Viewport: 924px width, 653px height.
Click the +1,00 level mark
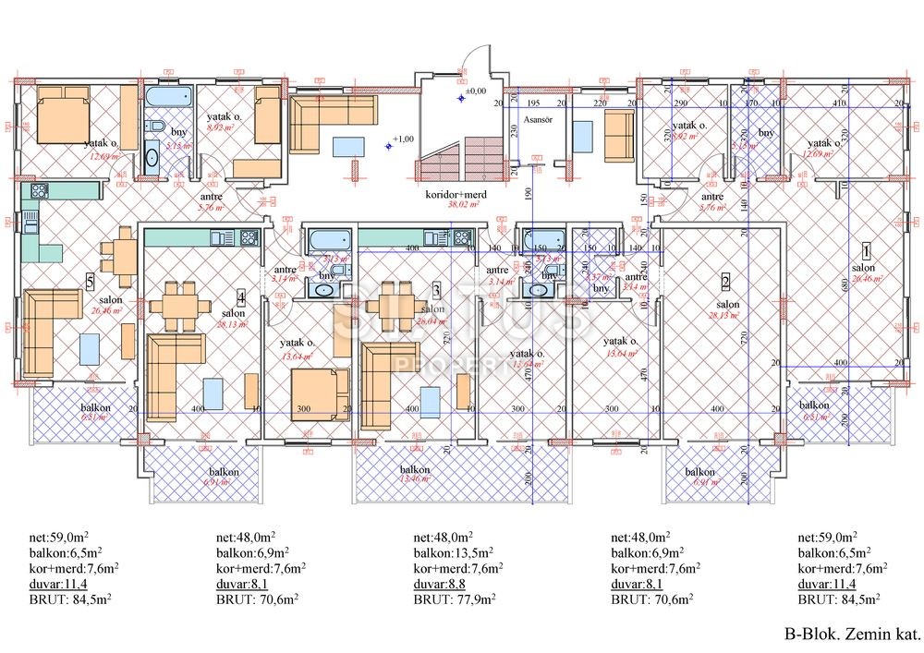(x=402, y=139)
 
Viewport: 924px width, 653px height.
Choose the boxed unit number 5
(x=90, y=283)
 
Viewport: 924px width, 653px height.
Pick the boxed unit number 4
(x=241, y=297)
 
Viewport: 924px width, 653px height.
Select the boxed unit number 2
(x=726, y=283)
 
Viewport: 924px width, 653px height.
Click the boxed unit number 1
(x=866, y=249)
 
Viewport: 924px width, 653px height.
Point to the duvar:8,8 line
(x=440, y=583)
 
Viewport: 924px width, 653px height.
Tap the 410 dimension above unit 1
(x=838, y=104)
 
